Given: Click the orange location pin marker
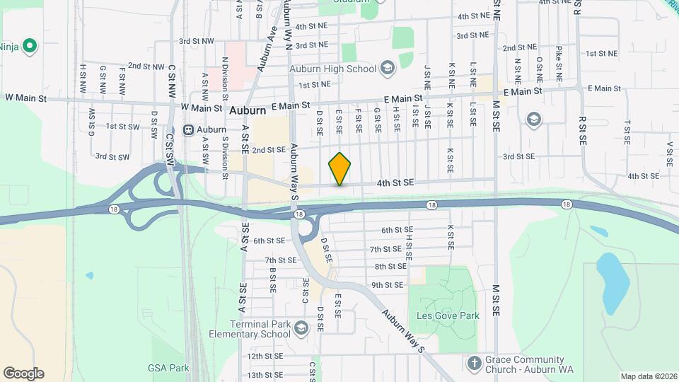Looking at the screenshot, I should [340, 169].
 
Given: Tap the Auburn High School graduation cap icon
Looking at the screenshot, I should [387, 69].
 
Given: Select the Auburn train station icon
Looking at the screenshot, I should [189, 130].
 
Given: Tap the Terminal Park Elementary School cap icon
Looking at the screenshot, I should [301, 328].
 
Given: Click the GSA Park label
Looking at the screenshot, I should [168, 368].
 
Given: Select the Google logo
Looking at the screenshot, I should [23, 373].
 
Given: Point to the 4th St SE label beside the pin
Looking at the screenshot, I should [395, 183].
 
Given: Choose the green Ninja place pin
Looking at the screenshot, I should [29, 47].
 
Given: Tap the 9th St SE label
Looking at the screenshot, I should [387, 285].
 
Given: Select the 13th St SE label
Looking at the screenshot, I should [265, 374].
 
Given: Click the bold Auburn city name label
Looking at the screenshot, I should [248, 111].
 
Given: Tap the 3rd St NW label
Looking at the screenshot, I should [197, 42].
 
